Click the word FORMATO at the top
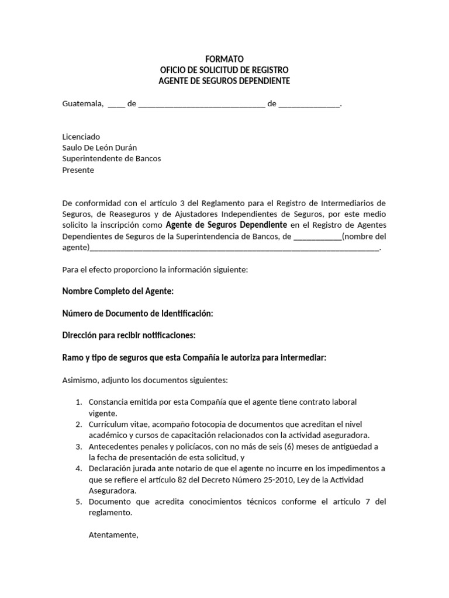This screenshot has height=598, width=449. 224,59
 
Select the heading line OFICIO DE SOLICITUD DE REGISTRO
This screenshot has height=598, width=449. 224,70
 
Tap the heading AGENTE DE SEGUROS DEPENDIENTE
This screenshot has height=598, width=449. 224,81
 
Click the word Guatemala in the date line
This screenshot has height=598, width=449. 82,105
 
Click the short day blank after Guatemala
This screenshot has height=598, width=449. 116,106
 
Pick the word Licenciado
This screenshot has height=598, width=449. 81,136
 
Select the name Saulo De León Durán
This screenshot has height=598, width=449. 99,148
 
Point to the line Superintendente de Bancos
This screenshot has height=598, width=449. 111,159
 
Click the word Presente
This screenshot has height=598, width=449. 78,170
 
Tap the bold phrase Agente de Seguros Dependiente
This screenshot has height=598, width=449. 226,225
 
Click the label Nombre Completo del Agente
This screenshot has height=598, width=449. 118,291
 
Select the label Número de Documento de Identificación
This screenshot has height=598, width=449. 137,314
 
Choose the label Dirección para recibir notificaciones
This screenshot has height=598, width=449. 129,336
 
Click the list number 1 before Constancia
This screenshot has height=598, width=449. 79,402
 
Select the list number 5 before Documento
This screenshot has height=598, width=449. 79,502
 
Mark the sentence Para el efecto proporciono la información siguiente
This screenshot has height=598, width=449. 155,270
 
